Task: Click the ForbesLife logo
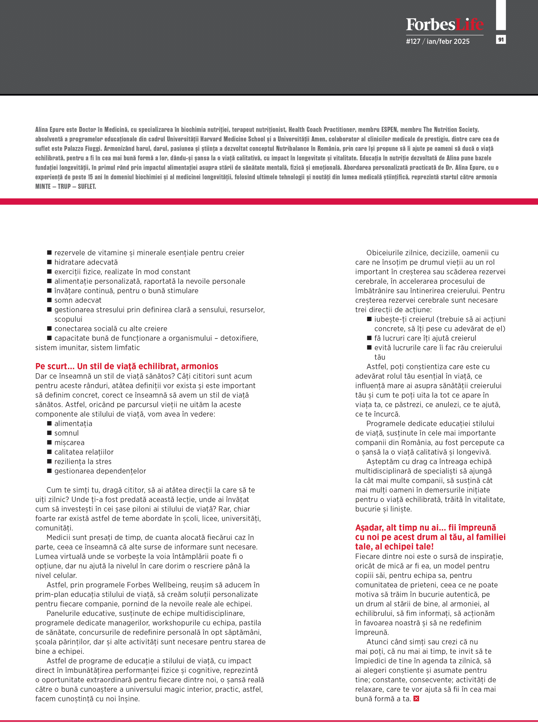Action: click(445, 25)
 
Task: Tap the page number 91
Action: click(501, 40)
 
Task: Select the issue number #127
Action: click(413, 41)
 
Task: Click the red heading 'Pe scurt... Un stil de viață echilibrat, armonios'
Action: click(127, 366)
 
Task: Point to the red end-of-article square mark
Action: click(416, 698)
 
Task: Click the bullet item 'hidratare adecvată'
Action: click(86, 262)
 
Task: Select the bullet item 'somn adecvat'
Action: click(78, 300)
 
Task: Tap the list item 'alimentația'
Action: click(73, 423)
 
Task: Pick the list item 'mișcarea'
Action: click(69, 442)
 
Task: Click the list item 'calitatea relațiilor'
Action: click(84, 452)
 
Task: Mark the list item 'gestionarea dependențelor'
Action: click(100, 471)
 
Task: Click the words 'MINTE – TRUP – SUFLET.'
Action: click(65, 186)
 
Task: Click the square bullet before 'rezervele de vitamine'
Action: click(50, 252)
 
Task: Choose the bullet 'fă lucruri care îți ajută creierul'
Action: click(425, 338)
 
